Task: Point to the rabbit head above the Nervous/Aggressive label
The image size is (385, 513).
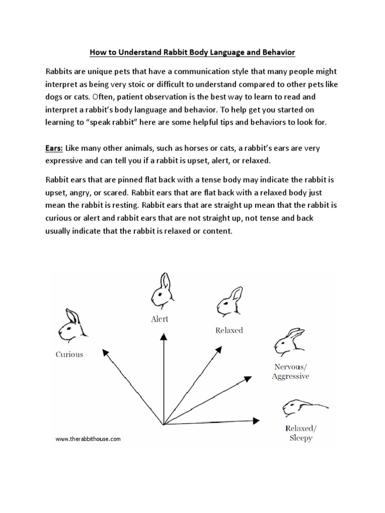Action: (x=287, y=341)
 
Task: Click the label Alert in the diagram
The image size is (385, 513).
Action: (x=159, y=319)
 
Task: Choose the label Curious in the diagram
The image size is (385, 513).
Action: (x=69, y=354)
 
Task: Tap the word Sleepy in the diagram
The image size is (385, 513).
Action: (x=301, y=438)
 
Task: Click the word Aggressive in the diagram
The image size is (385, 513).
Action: (x=290, y=376)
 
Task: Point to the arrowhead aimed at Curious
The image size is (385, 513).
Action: (x=105, y=352)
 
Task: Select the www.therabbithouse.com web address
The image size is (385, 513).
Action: (x=88, y=439)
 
